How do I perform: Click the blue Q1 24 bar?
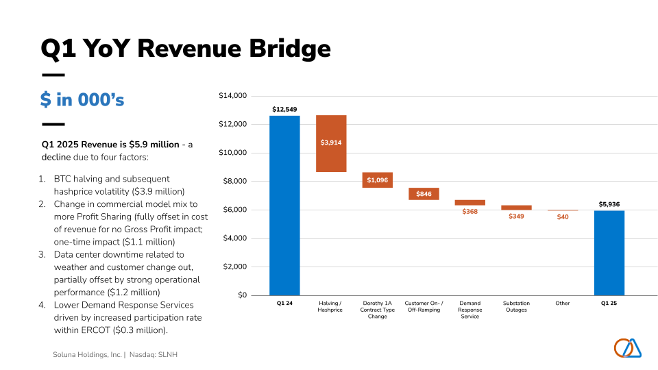(x=284, y=206)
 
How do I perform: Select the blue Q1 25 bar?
(x=609, y=253)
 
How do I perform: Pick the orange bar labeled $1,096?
(x=377, y=180)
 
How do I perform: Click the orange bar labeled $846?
(x=424, y=194)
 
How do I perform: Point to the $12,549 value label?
(x=284, y=109)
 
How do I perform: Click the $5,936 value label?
(x=609, y=204)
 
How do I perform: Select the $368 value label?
(x=470, y=212)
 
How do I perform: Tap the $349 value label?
(x=516, y=217)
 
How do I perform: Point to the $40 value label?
(x=563, y=217)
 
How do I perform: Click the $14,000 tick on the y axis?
(x=232, y=96)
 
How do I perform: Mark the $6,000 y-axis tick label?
(x=234, y=210)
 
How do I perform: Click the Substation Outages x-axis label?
(x=516, y=306)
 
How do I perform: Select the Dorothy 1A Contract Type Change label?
(x=377, y=310)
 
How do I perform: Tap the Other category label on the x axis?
(x=563, y=303)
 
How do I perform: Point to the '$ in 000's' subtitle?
(x=82, y=100)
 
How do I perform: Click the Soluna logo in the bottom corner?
(x=628, y=348)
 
